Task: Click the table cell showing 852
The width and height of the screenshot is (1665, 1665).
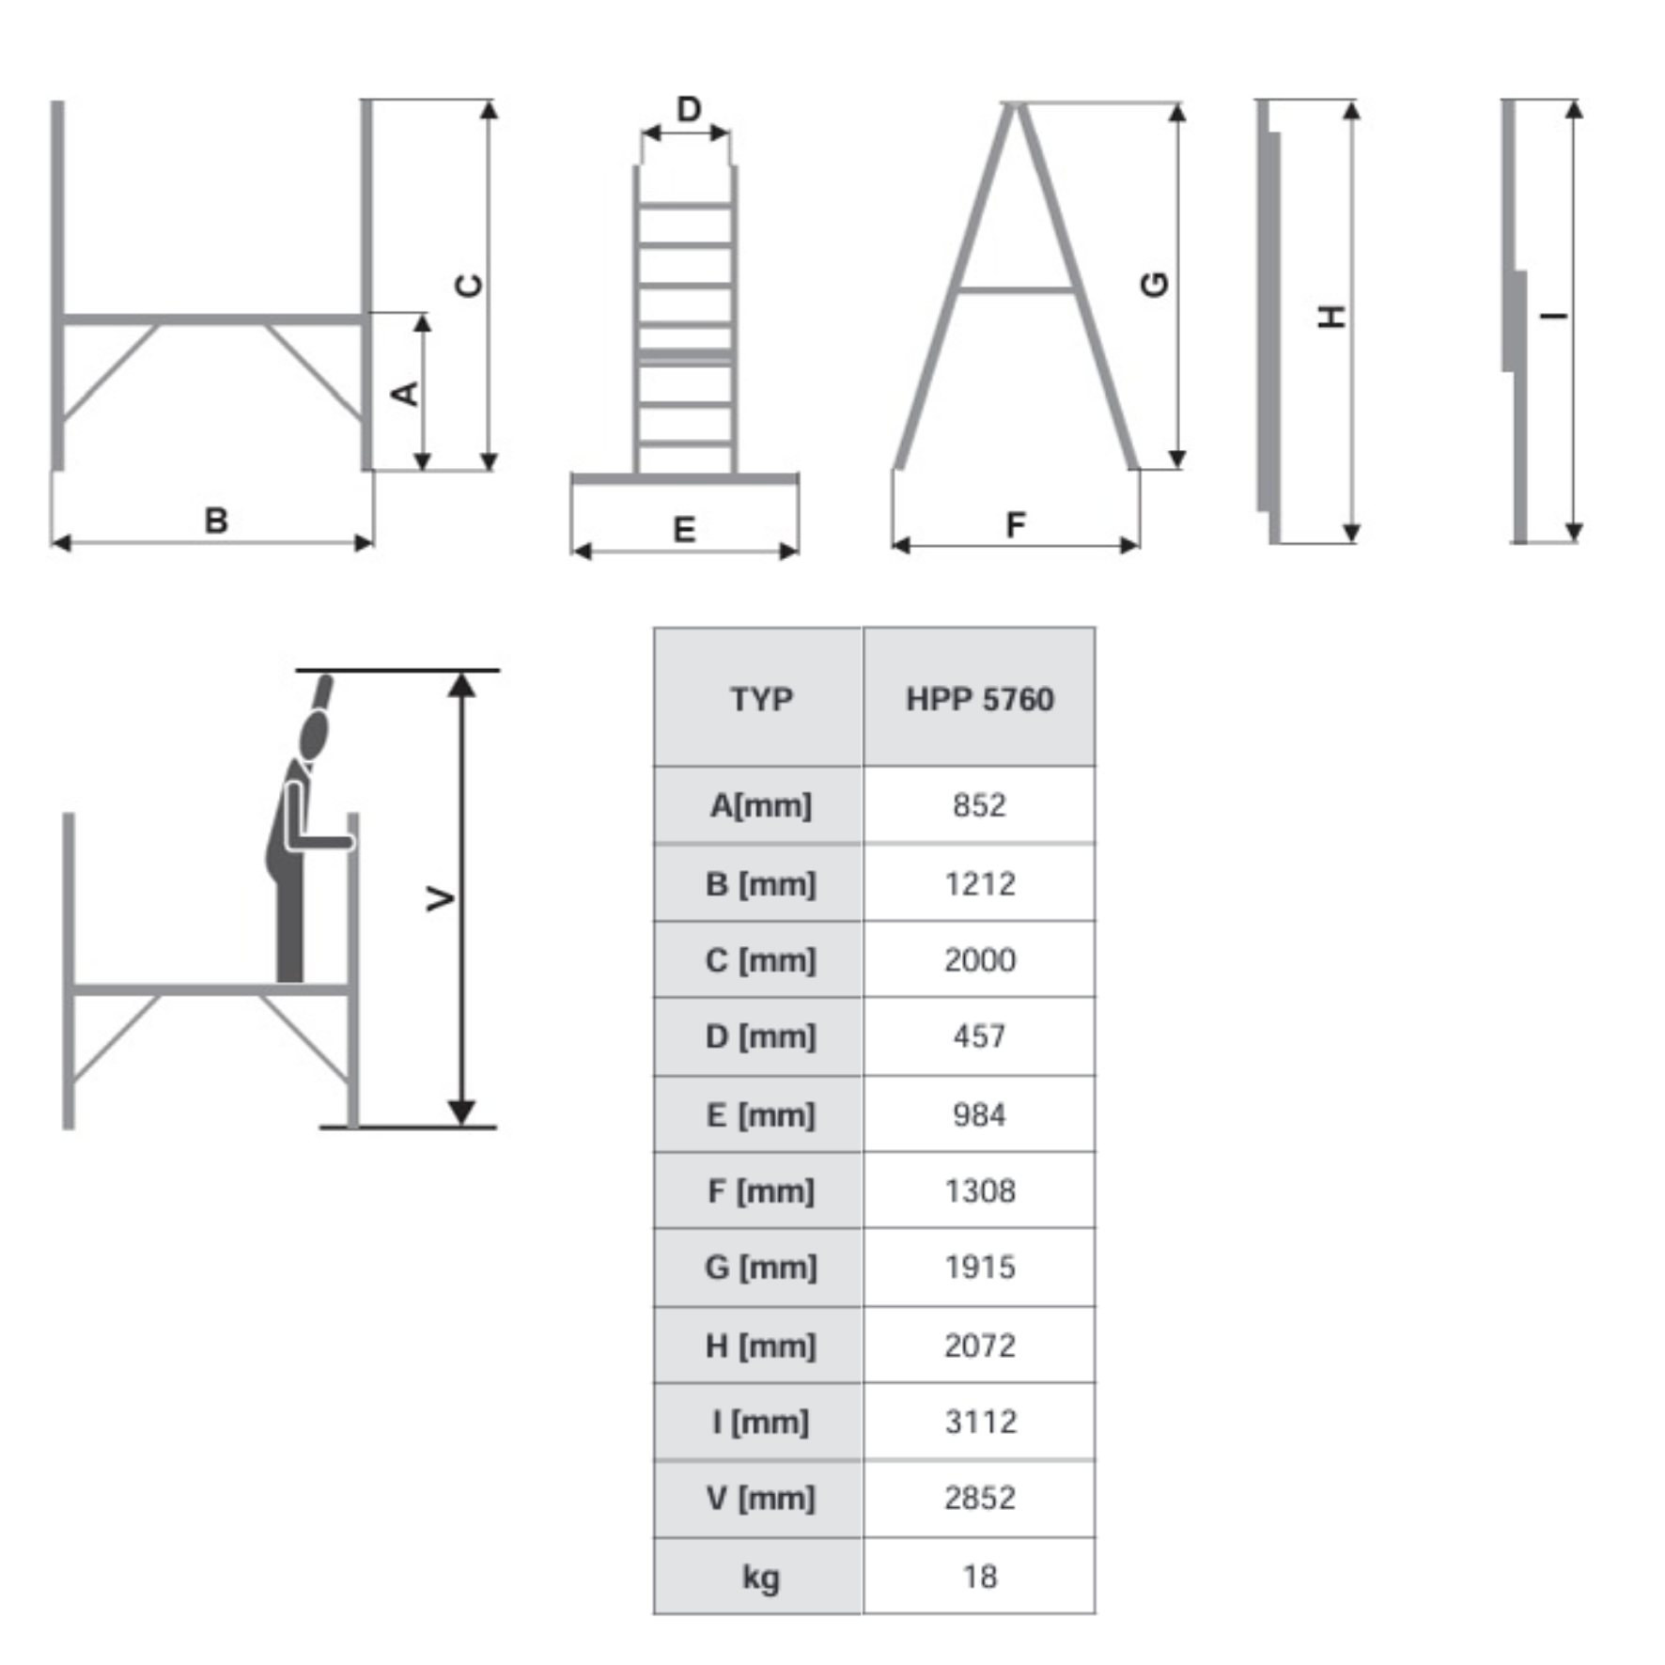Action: [x=978, y=805]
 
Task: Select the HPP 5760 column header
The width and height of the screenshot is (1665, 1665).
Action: [x=978, y=698]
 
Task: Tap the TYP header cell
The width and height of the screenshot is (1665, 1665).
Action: [x=759, y=698]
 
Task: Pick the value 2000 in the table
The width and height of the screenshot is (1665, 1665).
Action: [x=978, y=959]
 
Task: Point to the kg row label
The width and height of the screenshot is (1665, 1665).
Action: [x=759, y=1576]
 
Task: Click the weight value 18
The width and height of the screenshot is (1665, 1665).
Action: [x=978, y=1576]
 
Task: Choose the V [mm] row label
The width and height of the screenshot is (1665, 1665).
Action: [x=759, y=1498]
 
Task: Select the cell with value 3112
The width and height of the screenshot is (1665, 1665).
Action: [x=978, y=1422]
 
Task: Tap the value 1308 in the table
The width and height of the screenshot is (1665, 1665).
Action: [x=978, y=1190]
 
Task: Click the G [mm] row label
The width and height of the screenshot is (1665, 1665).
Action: [x=759, y=1268]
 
